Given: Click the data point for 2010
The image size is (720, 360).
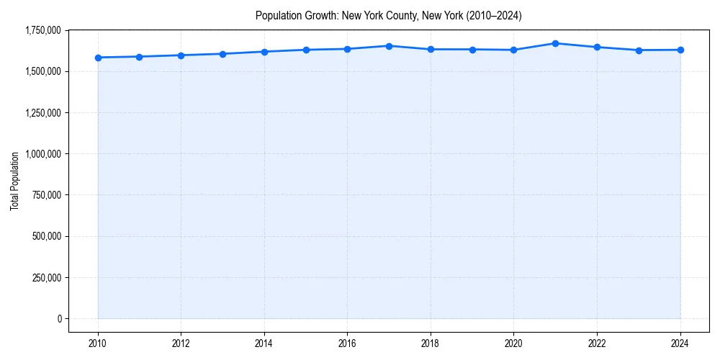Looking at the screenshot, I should [x=98, y=58].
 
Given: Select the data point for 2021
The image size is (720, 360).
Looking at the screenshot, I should [x=555, y=43].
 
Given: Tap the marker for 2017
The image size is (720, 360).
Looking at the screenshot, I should [x=389, y=46].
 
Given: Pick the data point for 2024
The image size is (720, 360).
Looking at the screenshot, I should [x=680, y=50].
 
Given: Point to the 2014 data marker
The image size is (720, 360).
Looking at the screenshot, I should [x=264, y=52].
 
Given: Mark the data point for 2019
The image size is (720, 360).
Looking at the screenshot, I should [x=472, y=50].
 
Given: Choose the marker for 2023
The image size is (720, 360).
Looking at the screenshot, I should [x=639, y=50].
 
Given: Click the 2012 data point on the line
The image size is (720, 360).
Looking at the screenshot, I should [x=181, y=55].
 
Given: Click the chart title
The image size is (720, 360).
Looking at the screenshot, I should [x=389, y=16].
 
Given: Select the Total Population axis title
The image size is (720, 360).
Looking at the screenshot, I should [x=14, y=181].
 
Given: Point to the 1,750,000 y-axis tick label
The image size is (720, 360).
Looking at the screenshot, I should [x=42, y=30].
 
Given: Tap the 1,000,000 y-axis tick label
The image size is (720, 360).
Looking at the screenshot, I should [x=42, y=154].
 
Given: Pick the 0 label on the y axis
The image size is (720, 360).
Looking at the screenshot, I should [x=60, y=319].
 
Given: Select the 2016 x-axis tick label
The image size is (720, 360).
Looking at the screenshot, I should [x=347, y=343].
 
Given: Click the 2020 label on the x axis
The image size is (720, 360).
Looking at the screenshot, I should [x=513, y=343].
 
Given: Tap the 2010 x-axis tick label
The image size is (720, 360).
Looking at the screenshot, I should [x=98, y=343].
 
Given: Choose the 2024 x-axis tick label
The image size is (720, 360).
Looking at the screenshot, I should [x=680, y=343].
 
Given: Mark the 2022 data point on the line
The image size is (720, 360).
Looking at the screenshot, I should [x=597, y=47].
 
